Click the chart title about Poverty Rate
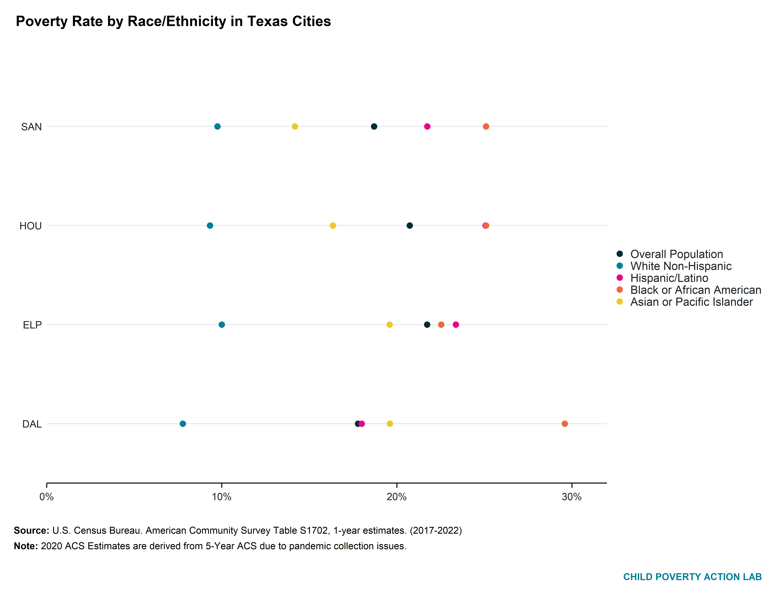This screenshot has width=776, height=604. (x=173, y=21)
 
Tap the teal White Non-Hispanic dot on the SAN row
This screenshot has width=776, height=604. (x=217, y=127)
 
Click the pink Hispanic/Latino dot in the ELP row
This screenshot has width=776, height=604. (x=456, y=325)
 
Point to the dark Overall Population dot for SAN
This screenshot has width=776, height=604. (x=374, y=127)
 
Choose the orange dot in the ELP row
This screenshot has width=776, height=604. (x=441, y=325)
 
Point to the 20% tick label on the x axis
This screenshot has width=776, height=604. (x=396, y=497)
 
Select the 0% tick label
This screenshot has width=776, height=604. (x=47, y=497)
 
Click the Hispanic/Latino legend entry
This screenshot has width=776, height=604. (x=669, y=278)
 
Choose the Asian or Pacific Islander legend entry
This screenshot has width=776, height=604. (x=691, y=302)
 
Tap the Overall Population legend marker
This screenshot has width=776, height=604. (x=620, y=254)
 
